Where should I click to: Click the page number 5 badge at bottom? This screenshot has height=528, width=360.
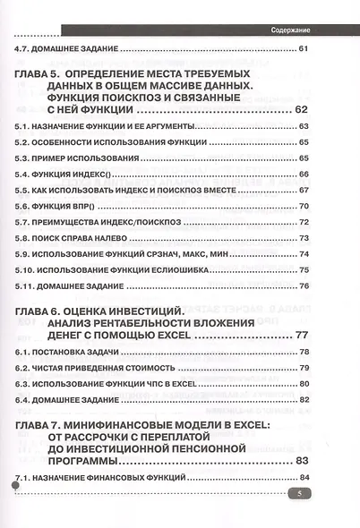click(296, 494)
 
